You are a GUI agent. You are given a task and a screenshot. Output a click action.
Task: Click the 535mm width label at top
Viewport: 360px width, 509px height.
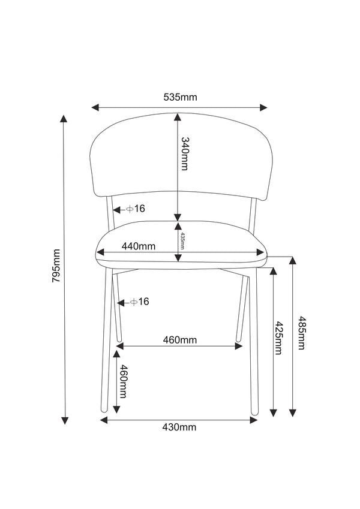pos(180,97)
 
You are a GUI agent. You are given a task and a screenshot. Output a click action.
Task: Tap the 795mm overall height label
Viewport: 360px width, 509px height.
pos(56,266)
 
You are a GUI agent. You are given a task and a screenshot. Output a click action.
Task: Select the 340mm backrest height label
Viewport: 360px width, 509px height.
pos(185,154)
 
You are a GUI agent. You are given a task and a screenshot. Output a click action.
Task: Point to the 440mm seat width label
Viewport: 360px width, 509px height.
pos(139,246)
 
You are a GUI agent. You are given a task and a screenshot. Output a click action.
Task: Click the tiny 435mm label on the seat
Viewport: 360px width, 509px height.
pos(182,241)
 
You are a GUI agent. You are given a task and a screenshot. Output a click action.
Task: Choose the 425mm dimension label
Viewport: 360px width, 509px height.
pos(278,338)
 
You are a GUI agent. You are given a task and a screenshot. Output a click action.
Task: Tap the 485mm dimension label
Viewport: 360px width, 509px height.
pos(301,333)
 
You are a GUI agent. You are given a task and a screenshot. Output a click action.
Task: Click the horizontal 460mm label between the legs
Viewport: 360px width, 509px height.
pos(179,340)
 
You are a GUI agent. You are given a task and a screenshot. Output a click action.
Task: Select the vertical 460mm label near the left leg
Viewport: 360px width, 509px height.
pos(123,381)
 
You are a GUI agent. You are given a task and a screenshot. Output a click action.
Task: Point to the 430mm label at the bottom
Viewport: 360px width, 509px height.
pos(179,427)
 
